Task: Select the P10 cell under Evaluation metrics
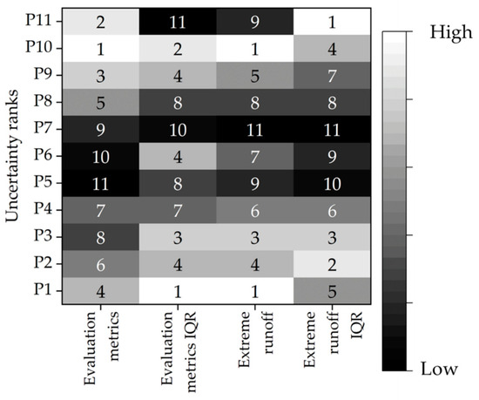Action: point(101,48)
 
